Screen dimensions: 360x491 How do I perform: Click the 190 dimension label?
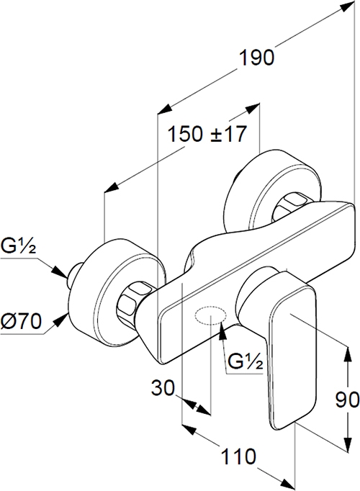click(257, 58)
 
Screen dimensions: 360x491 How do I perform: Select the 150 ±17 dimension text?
click(207, 134)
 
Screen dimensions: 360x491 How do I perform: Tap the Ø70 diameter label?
click(21, 321)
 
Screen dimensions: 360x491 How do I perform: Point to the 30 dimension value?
click(163, 387)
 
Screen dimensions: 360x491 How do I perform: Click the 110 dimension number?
click(238, 456)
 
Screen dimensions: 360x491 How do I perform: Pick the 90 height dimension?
click(348, 400)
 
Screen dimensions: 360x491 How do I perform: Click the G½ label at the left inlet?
click(18, 245)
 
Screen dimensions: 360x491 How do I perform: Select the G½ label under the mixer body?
click(245, 361)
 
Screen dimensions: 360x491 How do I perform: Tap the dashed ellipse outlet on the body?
click(210, 315)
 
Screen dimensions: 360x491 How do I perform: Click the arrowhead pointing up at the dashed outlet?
click(222, 331)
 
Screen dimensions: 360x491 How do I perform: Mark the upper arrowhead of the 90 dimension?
click(348, 353)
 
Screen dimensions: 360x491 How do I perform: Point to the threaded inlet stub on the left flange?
click(73, 274)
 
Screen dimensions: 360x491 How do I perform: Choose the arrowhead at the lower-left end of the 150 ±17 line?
click(112, 187)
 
